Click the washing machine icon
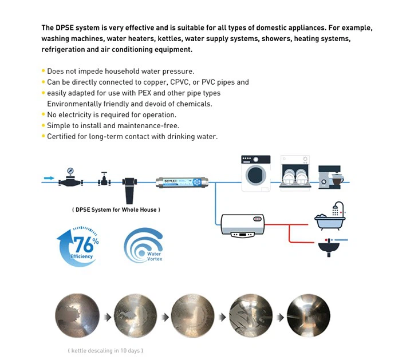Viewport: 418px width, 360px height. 255,173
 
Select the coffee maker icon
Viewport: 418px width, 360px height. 330,175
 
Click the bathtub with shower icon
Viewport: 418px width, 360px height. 330,216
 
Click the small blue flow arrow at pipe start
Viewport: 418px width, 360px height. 49,178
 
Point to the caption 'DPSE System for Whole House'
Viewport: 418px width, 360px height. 116,209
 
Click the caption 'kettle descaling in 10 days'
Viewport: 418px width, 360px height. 105,350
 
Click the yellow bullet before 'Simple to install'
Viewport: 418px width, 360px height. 43,125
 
